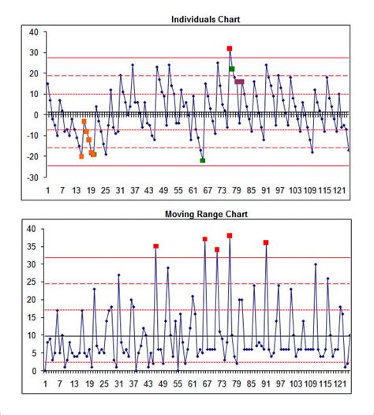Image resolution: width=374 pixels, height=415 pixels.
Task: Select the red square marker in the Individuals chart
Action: (230, 49)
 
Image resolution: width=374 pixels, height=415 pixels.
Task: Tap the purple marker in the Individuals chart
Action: (240, 81)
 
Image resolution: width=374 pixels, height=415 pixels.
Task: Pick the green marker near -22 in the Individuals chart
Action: (203, 160)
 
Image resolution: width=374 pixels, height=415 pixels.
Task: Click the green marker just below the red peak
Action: (232, 69)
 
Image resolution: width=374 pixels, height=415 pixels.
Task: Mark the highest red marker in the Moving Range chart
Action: (230, 236)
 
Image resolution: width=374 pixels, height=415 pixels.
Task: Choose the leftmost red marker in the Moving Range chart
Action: (156, 246)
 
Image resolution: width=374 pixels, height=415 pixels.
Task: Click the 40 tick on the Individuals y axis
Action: (33, 32)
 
